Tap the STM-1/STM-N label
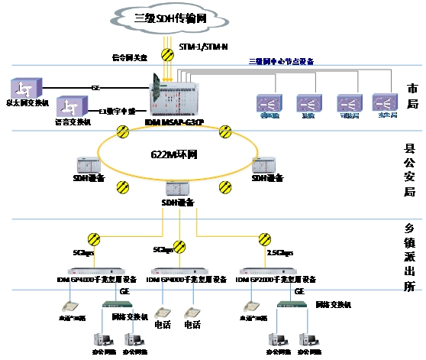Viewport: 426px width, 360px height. [x=203, y=47]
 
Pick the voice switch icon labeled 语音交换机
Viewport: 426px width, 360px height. [x=71, y=108]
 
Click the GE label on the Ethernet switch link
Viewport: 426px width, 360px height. [x=95, y=88]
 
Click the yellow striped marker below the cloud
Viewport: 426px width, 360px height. [x=166, y=54]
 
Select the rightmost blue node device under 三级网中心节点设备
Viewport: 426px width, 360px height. [x=385, y=102]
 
